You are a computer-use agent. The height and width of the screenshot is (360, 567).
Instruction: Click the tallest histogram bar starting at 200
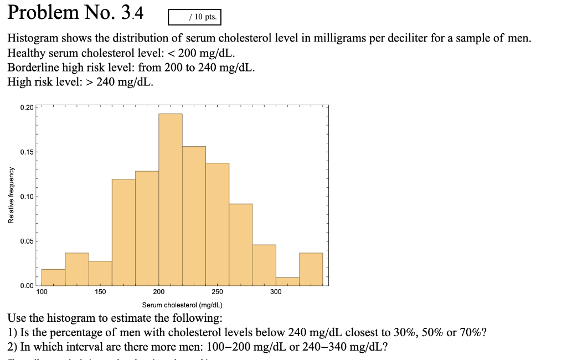coord(171,199)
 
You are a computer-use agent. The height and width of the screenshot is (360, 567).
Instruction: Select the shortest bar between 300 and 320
coord(287,281)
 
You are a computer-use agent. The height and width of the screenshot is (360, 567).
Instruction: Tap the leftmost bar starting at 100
coord(53,277)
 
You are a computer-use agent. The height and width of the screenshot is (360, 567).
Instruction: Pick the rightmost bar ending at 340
coord(311,269)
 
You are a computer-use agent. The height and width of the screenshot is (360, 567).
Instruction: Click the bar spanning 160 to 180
coord(123,232)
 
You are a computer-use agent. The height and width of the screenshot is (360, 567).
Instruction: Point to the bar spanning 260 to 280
coord(240,244)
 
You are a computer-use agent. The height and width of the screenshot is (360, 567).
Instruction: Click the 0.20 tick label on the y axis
coord(26,107)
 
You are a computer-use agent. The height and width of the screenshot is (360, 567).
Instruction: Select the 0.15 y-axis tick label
coord(26,152)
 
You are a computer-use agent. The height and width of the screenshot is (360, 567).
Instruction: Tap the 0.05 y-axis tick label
coord(26,241)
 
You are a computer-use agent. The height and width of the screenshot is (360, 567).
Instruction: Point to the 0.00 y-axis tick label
coord(26,286)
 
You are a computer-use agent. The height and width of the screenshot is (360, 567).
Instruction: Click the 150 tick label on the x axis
coord(100,292)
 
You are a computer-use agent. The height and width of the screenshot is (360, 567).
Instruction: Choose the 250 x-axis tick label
coord(217,292)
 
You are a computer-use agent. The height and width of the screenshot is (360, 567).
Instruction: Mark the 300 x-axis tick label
coord(276,292)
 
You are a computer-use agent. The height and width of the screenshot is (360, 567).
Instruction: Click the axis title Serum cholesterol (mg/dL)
coord(182,305)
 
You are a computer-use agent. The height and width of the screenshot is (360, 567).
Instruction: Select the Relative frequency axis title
coord(12,196)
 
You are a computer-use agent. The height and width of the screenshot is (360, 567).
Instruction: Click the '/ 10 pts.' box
coord(194,17)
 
